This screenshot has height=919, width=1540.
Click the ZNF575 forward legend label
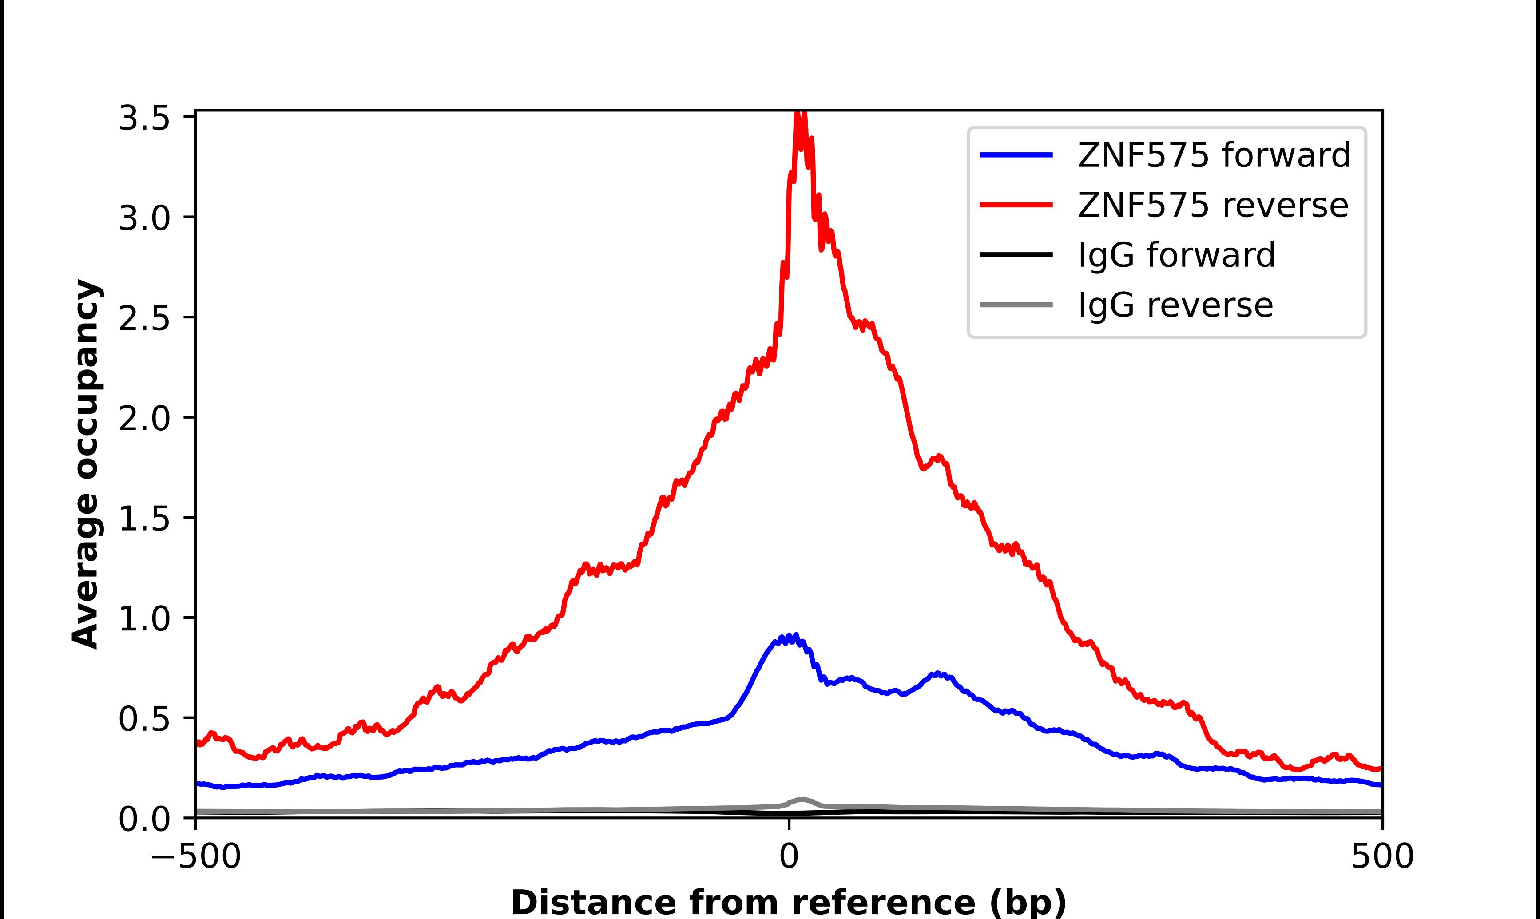click(1214, 155)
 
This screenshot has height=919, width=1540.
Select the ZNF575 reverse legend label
click(1212, 205)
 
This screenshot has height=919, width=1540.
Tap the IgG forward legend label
click(1176, 255)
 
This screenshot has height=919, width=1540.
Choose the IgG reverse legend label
click(1175, 305)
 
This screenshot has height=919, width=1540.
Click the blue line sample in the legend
click(1016, 155)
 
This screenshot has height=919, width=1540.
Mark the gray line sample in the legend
click(1016, 305)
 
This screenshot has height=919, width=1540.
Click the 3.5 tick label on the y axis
click(144, 118)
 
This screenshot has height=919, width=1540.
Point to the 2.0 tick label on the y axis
click(144, 419)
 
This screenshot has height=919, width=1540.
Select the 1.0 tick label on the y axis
click(144, 618)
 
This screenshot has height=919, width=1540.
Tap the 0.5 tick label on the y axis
click(144, 719)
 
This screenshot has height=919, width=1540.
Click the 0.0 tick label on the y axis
click(144, 819)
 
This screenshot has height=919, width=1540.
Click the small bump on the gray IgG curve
click(802, 800)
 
